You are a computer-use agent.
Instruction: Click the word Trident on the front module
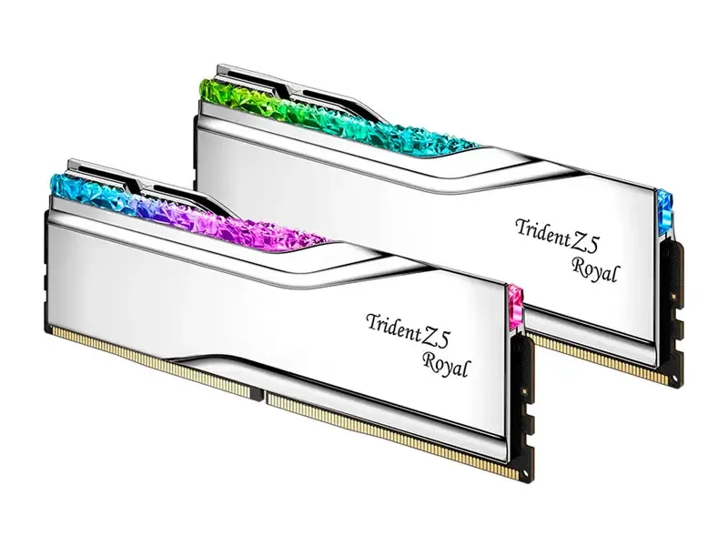pyautogui.click(x=392, y=326)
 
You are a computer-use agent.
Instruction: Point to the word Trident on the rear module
pyautogui.click(x=542, y=231)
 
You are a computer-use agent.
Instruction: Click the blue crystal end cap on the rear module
pyautogui.click(x=665, y=212)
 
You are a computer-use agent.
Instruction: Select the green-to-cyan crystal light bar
pyautogui.click(x=339, y=117)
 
